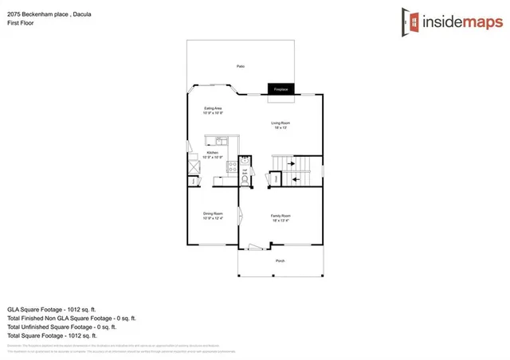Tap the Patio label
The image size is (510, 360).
pos(240,66)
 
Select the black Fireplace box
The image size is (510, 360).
pos(281,89)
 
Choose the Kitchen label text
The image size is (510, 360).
pos(213,152)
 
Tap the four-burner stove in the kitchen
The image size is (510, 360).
pos(233,168)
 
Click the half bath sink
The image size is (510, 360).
pos(245,166)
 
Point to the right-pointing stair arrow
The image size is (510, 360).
pos(291,165)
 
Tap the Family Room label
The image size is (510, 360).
pos(280,216)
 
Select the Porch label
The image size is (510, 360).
pos(280,261)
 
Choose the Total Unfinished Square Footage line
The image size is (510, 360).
pos(62,327)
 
